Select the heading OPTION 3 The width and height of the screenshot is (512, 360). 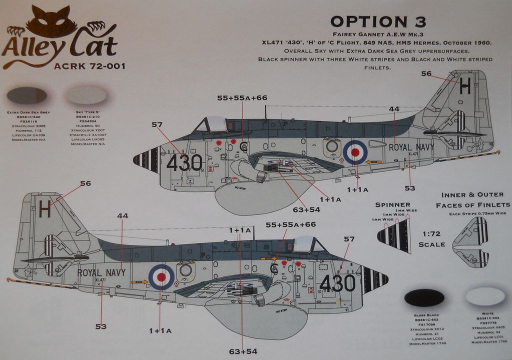coord(378,22)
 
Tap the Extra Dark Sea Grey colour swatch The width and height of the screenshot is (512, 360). coord(27,95)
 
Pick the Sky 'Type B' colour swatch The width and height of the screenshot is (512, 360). coord(86,95)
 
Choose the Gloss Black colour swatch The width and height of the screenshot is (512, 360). coord(424,298)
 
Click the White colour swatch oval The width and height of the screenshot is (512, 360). coord(485,296)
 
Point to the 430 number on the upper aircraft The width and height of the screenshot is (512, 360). coord(184,163)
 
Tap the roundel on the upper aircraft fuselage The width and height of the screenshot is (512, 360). coord(355,152)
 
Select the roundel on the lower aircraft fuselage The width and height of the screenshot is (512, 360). coord(161,276)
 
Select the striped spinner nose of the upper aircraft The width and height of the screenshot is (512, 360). coord(146,159)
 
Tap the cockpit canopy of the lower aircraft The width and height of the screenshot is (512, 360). coord(308,244)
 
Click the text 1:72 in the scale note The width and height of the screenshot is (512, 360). coord(431,234)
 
